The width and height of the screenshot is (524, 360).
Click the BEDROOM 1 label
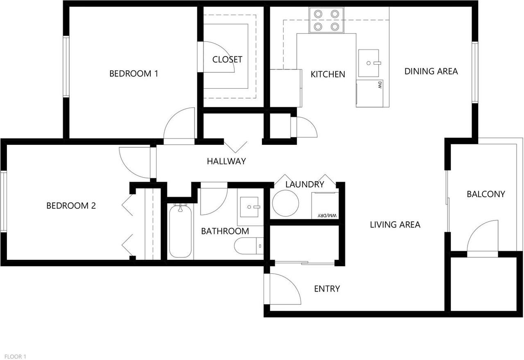click(x=133, y=74)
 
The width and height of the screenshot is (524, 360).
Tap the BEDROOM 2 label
click(x=71, y=205)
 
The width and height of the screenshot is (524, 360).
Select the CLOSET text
click(x=227, y=59)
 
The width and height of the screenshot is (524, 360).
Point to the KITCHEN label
click(x=327, y=74)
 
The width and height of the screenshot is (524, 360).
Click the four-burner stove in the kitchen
click(x=326, y=20)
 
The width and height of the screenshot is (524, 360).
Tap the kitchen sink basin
click(x=369, y=63)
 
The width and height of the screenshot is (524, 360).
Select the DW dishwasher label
click(x=379, y=85)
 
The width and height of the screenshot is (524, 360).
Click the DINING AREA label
click(x=431, y=71)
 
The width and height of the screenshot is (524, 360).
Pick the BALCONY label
click(x=486, y=194)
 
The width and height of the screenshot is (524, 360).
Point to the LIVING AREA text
click(x=395, y=224)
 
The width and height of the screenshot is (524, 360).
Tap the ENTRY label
click(x=327, y=289)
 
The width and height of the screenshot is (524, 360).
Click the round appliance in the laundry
click(x=286, y=203)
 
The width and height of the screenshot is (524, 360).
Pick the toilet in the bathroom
click(x=248, y=246)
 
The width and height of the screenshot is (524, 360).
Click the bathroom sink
click(x=250, y=207)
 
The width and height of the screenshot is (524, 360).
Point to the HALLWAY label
click(x=226, y=161)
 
